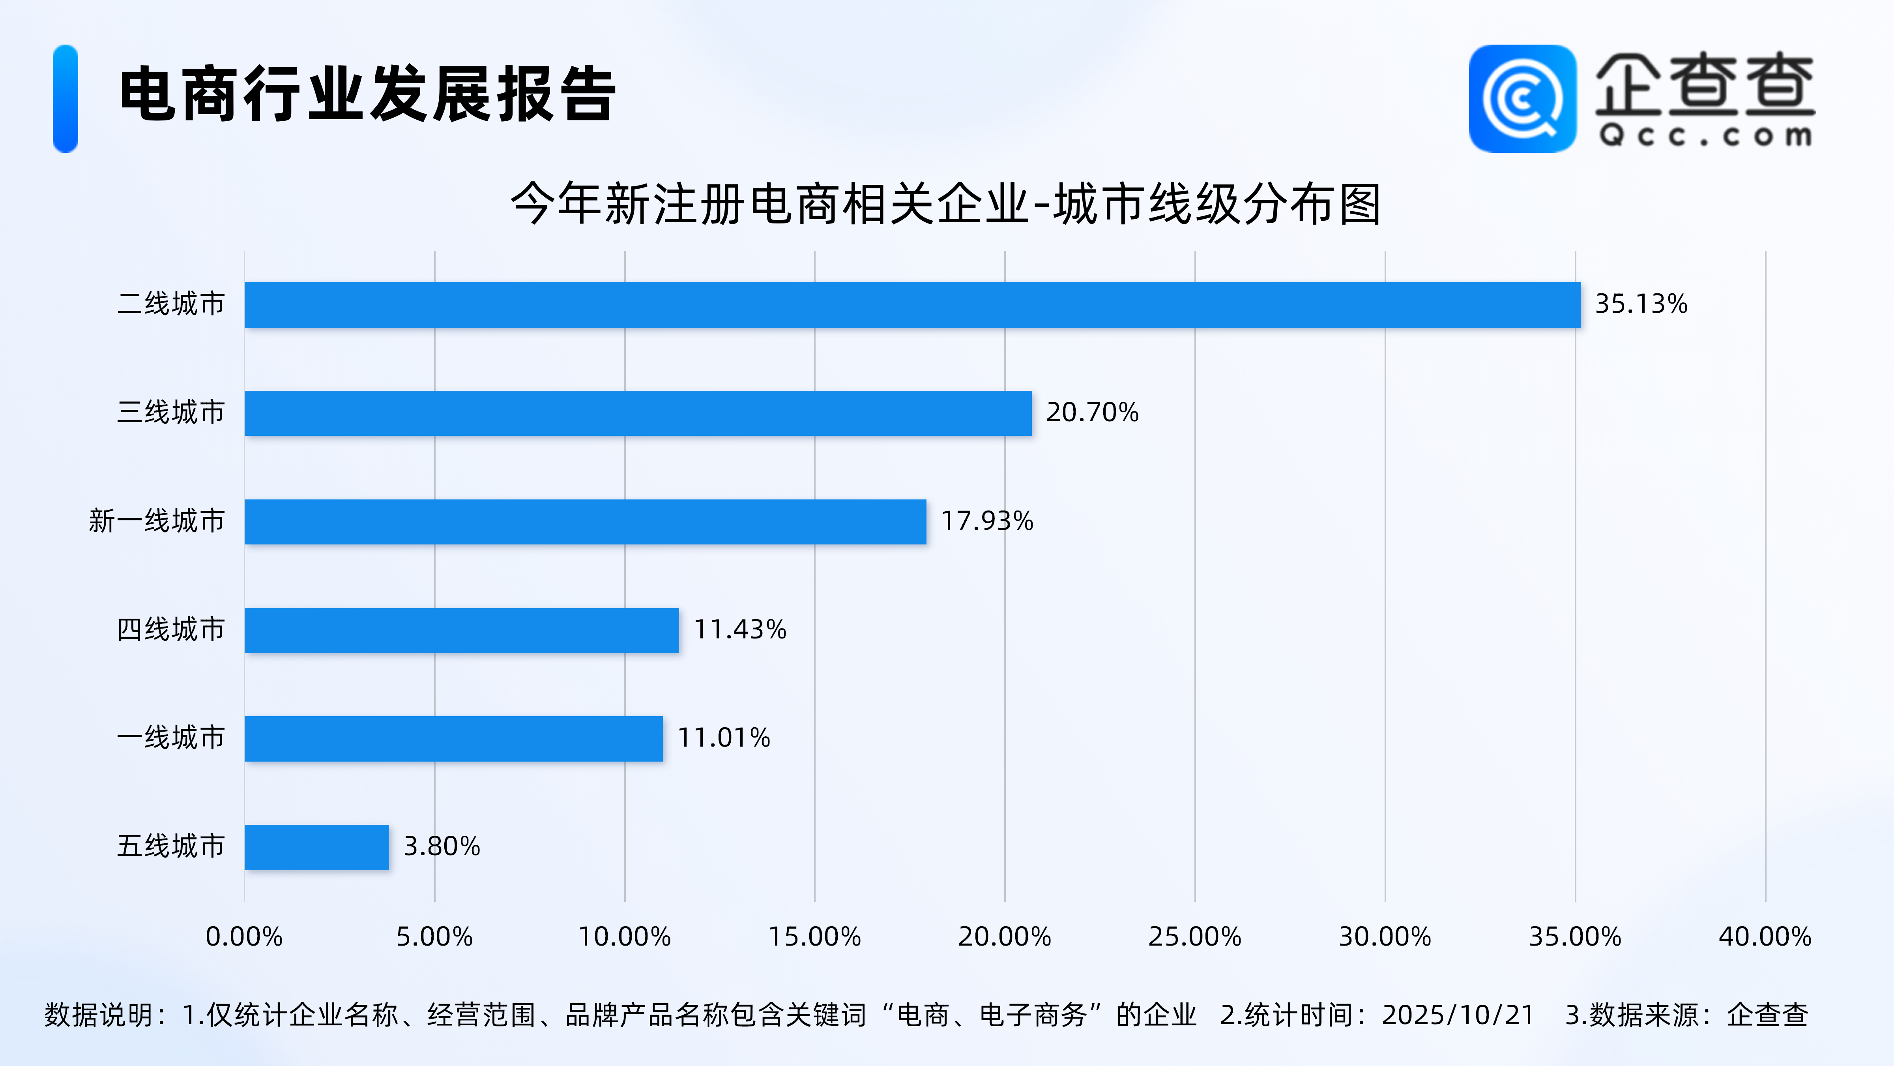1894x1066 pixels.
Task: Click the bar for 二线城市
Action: pos(912,304)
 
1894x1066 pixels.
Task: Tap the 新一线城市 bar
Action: pos(585,522)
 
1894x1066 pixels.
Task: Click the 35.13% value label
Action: pos(1640,304)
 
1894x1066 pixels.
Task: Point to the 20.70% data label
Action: pos(1092,412)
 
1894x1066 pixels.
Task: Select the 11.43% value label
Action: pos(740,630)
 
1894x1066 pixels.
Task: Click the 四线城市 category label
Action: pos(170,630)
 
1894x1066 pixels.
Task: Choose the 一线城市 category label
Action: pos(170,738)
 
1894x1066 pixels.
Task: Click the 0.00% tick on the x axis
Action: pos(244,937)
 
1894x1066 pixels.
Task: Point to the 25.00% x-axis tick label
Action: pos(1195,937)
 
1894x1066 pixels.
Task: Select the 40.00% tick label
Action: pos(1765,937)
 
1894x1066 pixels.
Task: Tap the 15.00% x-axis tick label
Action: pos(815,937)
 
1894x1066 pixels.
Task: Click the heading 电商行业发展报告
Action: pos(368,95)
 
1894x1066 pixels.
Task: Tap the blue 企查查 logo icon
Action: pos(1522,99)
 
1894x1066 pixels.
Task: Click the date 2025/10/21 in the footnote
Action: pos(1457,1015)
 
